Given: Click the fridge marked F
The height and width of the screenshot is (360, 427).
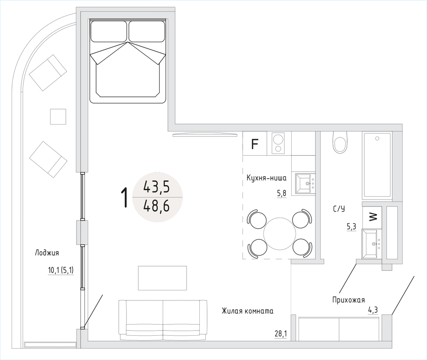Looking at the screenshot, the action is [254, 143].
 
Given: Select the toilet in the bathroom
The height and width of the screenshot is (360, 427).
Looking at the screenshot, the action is [340, 142].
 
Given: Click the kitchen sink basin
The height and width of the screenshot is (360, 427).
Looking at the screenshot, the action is [303, 183].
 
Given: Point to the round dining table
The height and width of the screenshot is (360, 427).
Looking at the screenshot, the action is [280, 233].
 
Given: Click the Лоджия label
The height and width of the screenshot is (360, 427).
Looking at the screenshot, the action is [47, 253].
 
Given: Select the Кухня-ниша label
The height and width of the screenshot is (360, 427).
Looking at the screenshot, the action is [266, 178].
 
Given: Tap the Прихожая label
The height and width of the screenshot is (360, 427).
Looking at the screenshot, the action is [348, 300].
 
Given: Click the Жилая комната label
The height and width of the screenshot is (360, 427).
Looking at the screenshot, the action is [248, 311].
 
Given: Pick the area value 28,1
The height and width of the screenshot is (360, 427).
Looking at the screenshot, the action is [281, 334].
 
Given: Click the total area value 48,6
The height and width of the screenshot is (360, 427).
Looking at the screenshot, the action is [157, 206].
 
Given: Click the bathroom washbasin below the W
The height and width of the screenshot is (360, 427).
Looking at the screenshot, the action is [370, 244].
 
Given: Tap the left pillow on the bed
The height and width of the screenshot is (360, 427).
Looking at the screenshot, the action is [109, 31].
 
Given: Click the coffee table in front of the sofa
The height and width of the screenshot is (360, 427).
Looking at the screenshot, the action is [162, 278].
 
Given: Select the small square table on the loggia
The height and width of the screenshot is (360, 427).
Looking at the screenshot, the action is [58, 116].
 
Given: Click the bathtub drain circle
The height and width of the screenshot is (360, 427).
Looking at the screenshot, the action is [377, 139].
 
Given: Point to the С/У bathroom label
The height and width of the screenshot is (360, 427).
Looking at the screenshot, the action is [339, 209].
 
